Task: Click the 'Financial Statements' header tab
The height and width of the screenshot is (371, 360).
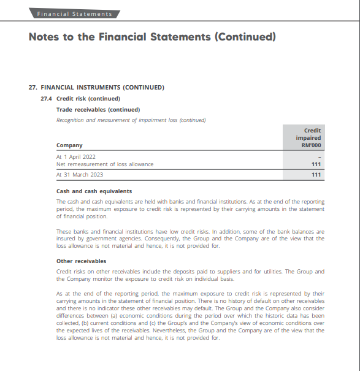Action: click(75, 13)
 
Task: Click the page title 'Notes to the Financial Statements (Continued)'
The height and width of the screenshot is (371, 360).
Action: click(152, 37)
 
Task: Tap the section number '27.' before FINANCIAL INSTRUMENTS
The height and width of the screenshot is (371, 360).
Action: click(33, 88)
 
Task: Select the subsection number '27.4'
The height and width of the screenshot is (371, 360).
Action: click(46, 99)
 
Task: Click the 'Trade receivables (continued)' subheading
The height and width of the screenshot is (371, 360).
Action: click(98, 109)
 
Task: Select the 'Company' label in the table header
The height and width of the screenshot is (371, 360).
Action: click(69, 145)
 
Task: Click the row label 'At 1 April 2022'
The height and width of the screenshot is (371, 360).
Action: click(76, 157)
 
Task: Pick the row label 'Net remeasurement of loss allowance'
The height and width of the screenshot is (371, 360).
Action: click(105, 164)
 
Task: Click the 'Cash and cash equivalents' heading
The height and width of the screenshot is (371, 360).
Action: click(94, 191)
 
